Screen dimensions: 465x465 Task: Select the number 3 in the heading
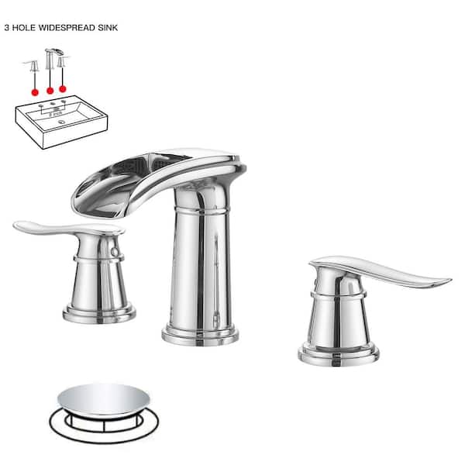(x=7, y=26)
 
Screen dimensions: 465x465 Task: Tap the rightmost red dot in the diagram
(x=63, y=90)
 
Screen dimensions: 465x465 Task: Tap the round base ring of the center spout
(x=200, y=335)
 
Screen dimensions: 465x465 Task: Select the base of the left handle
(x=99, y=313)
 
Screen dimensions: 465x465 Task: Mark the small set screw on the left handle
(x=116, y=253)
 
